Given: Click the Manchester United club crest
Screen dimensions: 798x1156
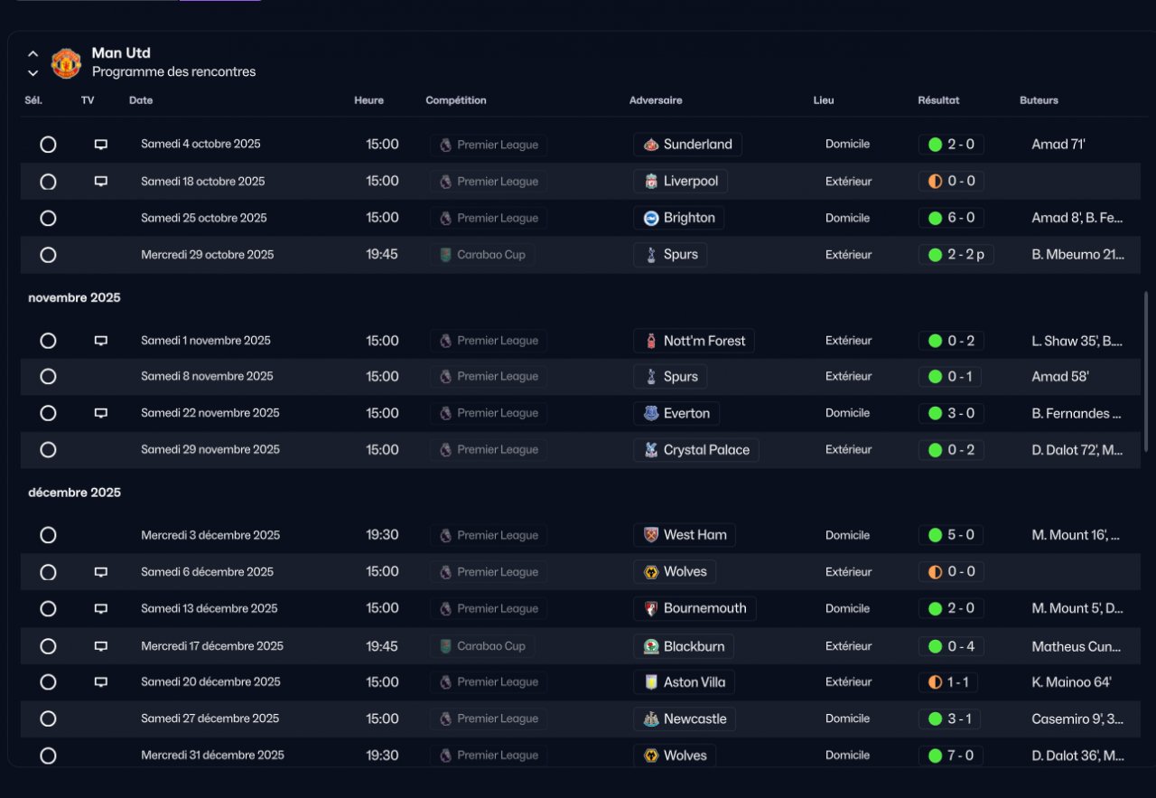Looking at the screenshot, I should click(66, 63).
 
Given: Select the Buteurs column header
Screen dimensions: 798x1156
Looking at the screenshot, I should click(1039, 100).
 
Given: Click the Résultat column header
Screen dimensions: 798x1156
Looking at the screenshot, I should click(938, 100).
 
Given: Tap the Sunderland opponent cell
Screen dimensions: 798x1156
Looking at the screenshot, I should click(687, 145).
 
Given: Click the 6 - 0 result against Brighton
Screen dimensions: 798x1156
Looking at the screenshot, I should click(951, 218).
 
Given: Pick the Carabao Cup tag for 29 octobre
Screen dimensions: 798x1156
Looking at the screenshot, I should click(482, 255).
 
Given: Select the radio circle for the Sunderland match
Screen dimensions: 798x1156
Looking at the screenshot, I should click(49, 145).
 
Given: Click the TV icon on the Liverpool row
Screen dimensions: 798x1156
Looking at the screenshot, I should click(101, 182).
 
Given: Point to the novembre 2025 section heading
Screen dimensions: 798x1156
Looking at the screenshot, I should click(74, 297).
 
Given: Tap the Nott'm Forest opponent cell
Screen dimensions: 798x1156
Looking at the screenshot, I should click(694, 341).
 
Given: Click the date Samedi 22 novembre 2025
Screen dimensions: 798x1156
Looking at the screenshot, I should click(210, 413).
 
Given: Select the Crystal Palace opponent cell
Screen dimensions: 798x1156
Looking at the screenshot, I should click(695, 450).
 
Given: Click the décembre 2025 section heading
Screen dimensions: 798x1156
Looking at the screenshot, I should click(74, 493).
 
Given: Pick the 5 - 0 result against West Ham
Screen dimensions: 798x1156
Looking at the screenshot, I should click(951, 535).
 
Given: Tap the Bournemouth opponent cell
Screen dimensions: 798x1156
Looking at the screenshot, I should click(695, 608).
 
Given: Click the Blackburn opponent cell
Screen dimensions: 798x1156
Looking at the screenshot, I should click(684, 646).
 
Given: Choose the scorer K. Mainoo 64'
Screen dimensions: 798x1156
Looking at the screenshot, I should click(1071, 682).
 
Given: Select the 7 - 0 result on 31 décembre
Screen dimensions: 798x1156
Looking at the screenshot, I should click(951, 756).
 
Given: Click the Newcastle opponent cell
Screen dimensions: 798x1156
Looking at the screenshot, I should click(685, 719).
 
